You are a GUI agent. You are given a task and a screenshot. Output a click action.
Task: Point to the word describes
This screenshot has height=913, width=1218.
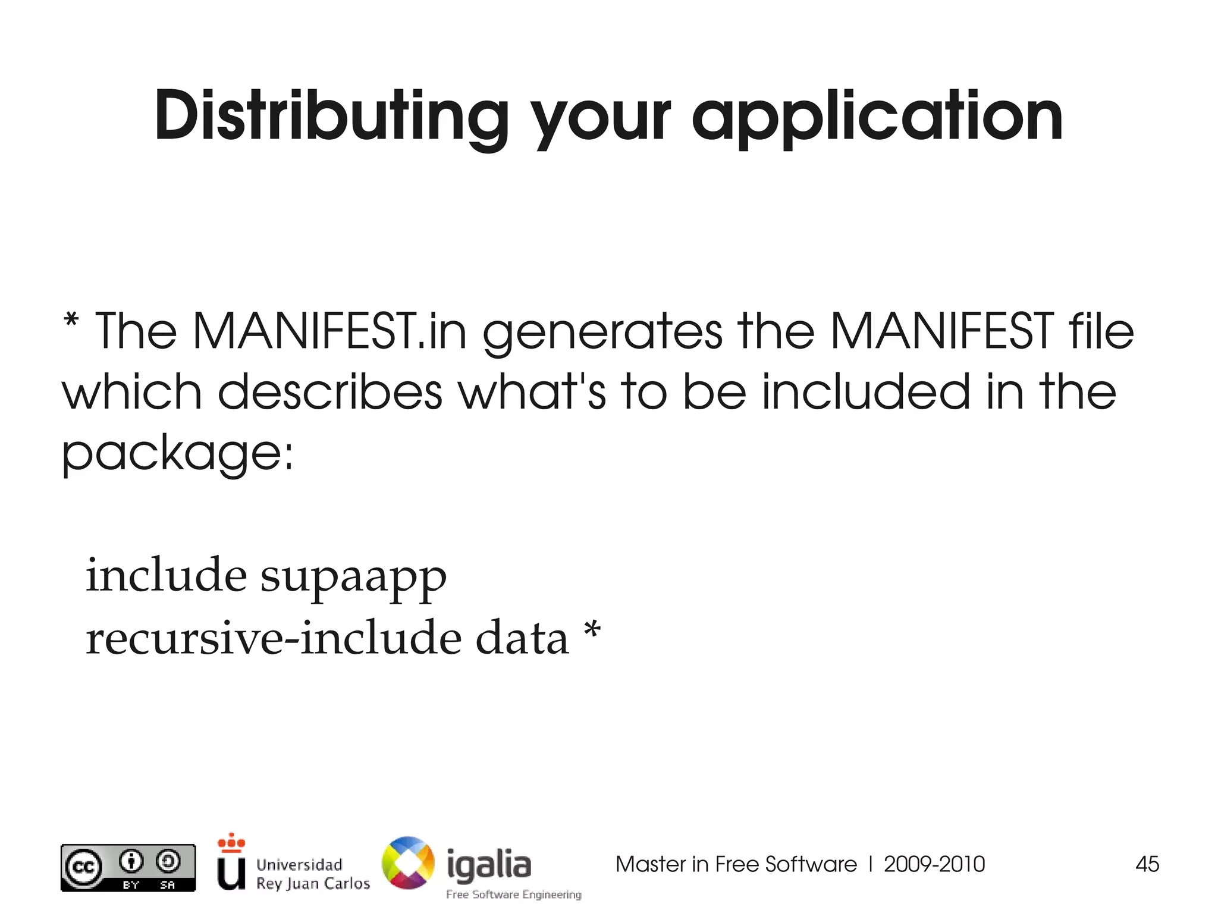coord(330,392)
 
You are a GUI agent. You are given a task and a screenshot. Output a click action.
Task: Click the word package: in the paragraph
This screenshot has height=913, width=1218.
coord(177,453)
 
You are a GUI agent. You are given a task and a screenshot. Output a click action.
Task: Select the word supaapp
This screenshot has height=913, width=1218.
coord(353,578)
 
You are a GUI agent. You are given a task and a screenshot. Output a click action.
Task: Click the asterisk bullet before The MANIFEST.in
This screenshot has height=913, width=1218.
coord(71,321)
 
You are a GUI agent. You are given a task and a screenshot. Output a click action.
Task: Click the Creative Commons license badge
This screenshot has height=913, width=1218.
coord(128,868)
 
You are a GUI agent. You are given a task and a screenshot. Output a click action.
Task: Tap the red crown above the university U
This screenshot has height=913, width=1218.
coord(231,842)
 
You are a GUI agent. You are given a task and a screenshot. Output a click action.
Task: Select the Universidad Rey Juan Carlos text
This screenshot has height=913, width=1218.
coord(312,873)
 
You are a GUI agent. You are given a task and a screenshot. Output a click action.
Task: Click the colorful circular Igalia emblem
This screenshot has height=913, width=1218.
coord(408,863)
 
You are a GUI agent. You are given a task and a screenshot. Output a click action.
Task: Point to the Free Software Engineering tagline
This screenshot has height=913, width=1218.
coord(513,895)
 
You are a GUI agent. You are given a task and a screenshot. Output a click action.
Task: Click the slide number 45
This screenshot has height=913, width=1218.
coord(1147,864)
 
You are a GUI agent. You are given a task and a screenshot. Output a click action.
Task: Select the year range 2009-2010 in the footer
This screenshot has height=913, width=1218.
coord(934,864)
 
